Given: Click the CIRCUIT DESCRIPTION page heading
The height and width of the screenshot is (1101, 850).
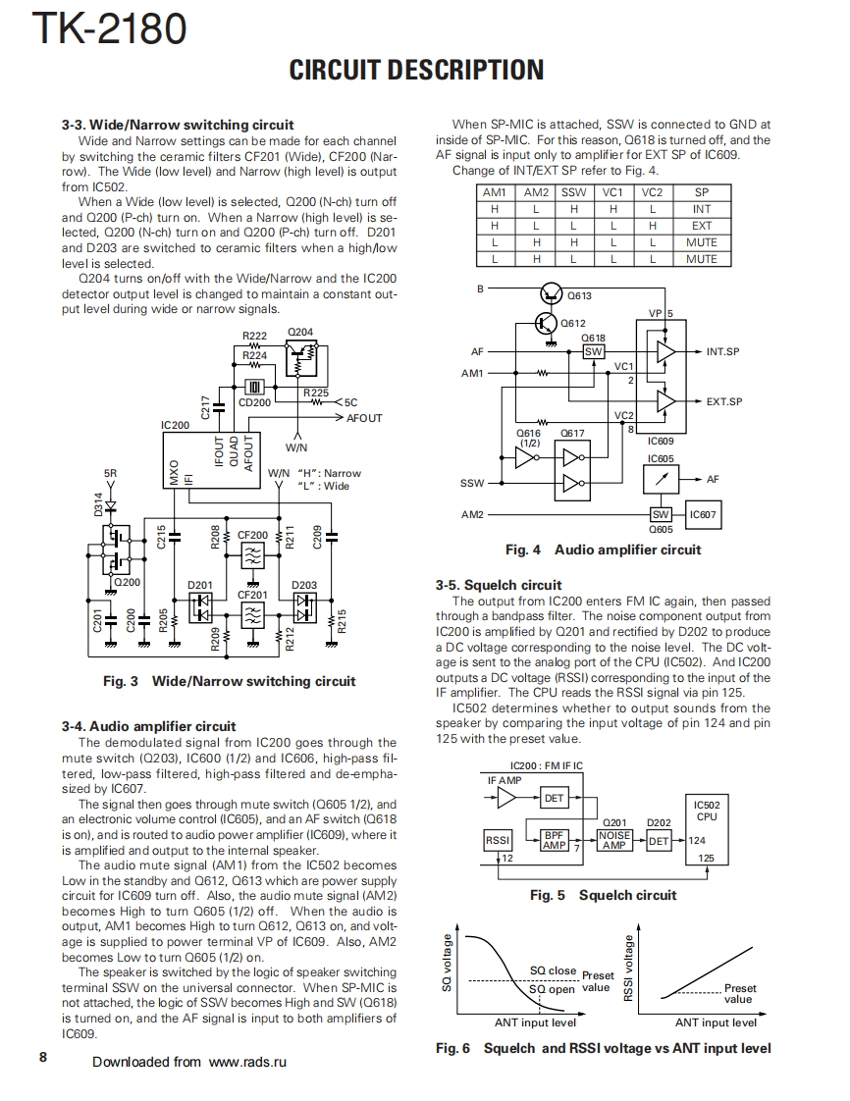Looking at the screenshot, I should click(416, 70).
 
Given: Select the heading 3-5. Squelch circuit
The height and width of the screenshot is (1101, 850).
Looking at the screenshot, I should click(499, 585).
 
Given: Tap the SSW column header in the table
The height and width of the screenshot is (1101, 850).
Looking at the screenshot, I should click(573, 192).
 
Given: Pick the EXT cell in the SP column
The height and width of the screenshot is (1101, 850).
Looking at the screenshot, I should click(701, 226).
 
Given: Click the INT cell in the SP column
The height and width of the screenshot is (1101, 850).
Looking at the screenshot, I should click(701, 209).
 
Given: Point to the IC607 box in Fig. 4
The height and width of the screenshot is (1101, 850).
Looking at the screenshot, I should click(702, 514).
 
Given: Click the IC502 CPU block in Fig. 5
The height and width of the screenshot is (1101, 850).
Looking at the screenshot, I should click(706, 811).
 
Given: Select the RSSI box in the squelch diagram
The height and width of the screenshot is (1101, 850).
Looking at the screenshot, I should click(498, 840).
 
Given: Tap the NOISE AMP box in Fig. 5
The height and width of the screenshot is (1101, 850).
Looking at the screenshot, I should click(614, 840).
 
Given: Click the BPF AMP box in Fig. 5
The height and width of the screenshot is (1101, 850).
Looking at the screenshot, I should click(555, 840).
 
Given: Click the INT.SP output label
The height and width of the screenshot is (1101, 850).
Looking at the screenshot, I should click(722, 350).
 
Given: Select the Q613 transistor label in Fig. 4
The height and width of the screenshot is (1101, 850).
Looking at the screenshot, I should click(579, 294).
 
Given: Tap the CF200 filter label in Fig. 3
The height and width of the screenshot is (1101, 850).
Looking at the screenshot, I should click(252, 536).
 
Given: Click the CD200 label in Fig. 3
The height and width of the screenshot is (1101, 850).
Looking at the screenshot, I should click(255, 402).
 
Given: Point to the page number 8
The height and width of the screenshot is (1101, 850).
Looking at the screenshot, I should click(43, 1057).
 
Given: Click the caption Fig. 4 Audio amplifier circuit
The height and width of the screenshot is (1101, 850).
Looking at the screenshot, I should click(603, 550).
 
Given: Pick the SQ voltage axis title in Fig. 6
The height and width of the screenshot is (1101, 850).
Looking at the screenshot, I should click(448, 965).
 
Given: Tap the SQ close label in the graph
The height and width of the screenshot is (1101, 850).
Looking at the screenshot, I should click(553, 970).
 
